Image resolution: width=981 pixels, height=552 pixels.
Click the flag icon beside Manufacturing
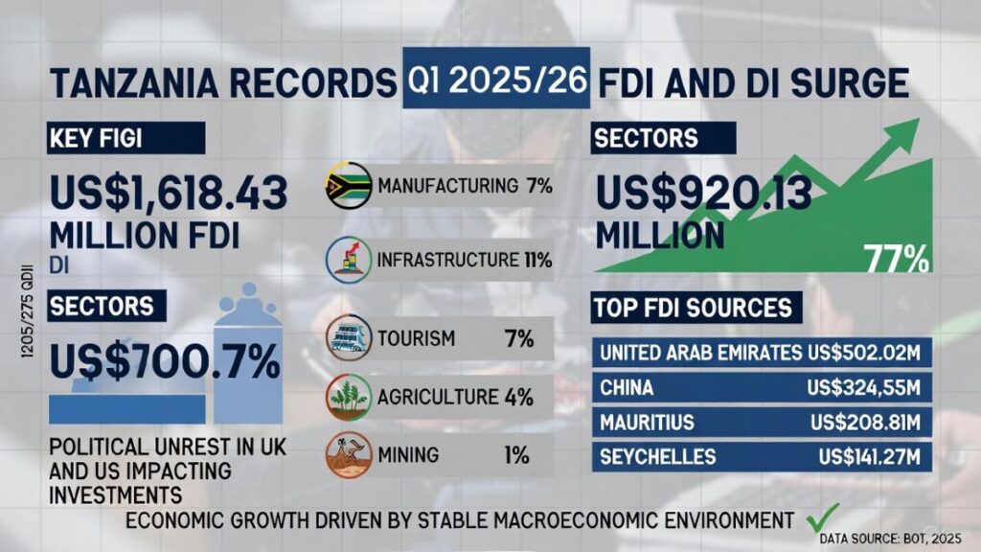point(348,186)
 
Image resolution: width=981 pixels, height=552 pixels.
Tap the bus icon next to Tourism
point(349,337)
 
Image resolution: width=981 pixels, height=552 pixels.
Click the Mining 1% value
point(517,455)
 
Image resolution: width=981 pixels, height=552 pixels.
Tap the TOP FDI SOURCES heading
point(692,308)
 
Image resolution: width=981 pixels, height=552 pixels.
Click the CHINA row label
point(627,388)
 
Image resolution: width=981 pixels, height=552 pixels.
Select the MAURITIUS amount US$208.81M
point(866,423)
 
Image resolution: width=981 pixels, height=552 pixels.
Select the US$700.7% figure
point(165,362)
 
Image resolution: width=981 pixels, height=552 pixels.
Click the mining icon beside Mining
point(347,454)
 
